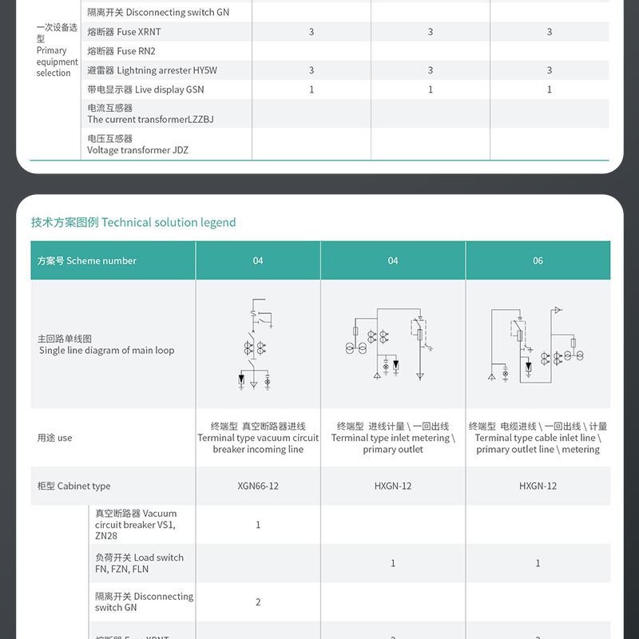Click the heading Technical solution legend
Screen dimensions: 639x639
pos(133,222)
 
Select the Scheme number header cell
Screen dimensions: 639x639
pos(87,260)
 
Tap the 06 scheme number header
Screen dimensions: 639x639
pos(538,260)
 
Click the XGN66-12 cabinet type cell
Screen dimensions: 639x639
pos(258,486)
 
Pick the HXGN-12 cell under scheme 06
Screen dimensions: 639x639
pos(538,486)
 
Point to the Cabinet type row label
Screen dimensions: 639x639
pos(74,486)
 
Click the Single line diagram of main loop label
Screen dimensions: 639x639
pos(106,345)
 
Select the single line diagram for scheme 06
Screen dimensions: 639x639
pos(537,345)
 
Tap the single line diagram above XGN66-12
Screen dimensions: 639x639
pos(258,345)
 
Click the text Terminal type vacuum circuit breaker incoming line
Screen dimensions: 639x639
pos(258,438)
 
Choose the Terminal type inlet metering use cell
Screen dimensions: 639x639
pos(392,438)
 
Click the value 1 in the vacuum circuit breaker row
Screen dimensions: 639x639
pos(258,525)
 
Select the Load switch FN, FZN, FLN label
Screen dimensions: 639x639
pos(139,563)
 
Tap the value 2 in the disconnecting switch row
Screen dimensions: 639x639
pos(258,601)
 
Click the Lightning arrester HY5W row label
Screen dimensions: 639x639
pos(152,70)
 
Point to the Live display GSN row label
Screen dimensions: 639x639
pos(146,89)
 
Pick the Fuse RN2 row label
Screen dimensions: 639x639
pos(121,51)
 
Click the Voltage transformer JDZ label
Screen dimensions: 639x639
pos(137,145)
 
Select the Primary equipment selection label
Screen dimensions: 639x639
pos(57,50)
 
